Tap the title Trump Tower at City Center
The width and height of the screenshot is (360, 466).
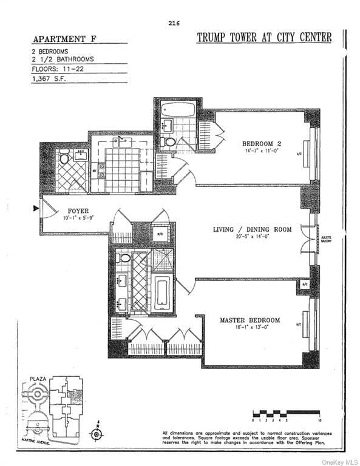point(264,38)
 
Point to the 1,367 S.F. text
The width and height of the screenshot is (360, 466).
point(50,78)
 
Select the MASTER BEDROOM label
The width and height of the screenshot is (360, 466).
point(250,320)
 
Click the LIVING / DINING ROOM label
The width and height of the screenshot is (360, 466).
point(252,229)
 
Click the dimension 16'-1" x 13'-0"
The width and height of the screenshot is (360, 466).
point(250,328)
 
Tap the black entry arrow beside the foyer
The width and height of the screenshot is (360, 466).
point(36,209)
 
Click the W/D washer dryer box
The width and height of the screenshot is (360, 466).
point(160,234)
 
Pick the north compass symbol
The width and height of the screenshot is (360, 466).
point(95,433)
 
